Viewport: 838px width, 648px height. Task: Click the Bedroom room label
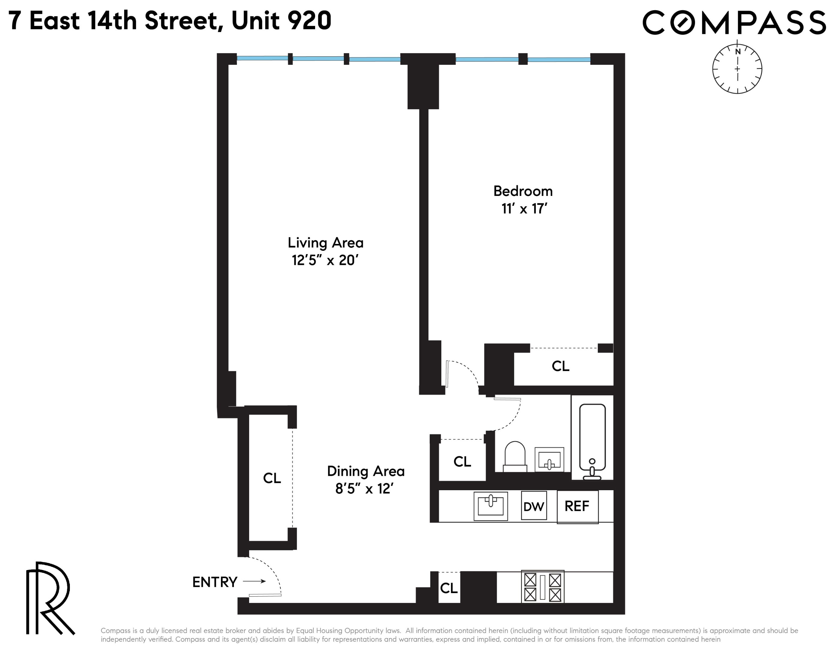pos(523,191)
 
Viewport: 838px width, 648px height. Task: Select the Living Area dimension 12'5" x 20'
pos(325,261)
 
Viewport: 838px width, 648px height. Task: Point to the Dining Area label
pos(366,471)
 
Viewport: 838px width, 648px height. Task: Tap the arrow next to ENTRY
pos(254,581)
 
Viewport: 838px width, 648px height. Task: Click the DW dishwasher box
pos(533,506)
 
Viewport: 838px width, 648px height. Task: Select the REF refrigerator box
pos(577,506)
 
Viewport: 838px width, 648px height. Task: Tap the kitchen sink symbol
pos(491,506)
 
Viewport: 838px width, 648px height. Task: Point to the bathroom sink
pos(549,460)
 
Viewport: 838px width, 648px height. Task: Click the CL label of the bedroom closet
pos(560,366)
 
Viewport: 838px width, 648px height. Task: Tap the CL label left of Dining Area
pos(272,478)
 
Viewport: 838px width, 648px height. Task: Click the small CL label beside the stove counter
pos(449,588)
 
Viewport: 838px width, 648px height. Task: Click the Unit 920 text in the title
pos(281,21)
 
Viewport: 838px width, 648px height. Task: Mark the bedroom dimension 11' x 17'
pos(524,209)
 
